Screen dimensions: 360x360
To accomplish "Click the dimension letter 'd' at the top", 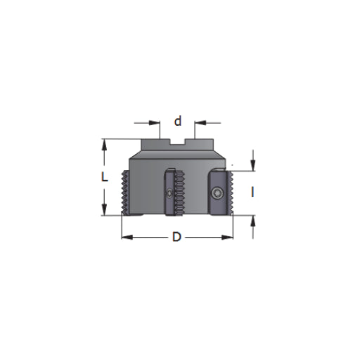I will point(178,121).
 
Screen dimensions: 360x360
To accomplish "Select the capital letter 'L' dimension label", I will point(104,177).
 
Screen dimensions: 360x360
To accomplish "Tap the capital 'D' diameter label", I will point(177,237).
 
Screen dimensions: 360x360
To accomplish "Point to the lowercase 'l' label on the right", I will point(252,191).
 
